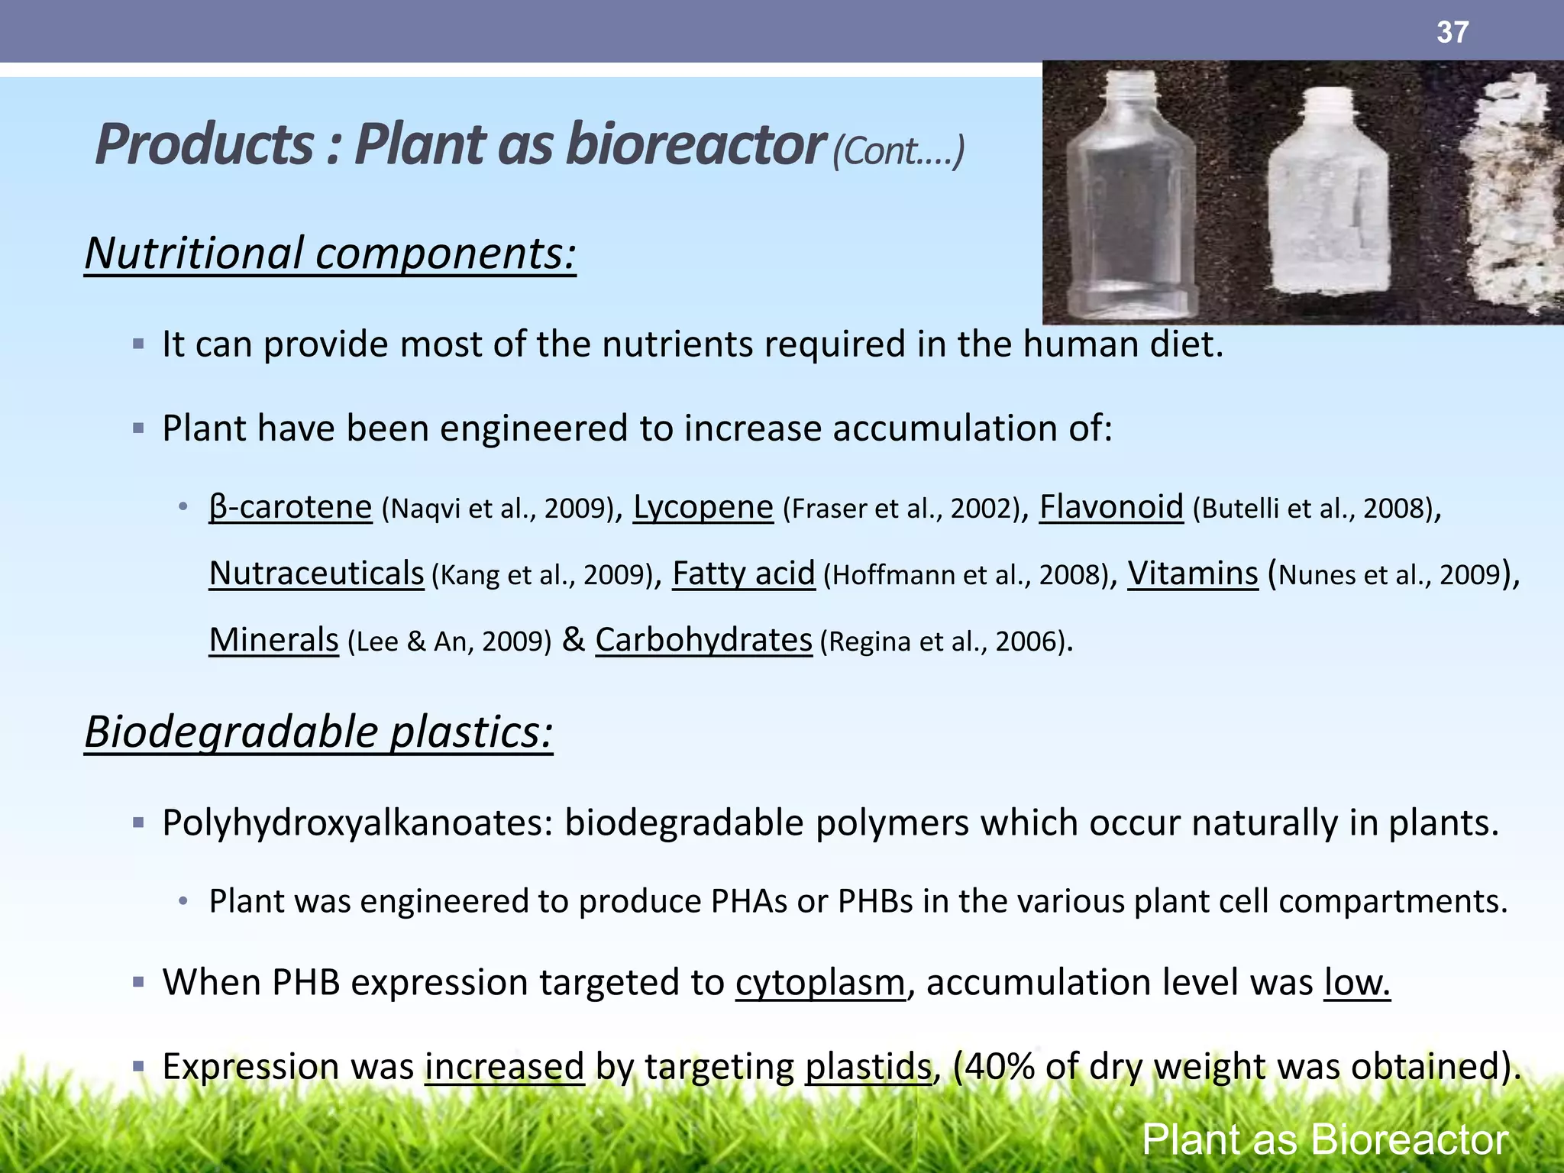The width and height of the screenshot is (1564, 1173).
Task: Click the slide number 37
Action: coord(1452,32)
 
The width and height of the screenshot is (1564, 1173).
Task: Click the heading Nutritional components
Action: coord(330,254)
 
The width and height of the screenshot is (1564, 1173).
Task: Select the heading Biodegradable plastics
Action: coord(318,732)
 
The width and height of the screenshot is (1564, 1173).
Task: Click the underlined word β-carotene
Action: coord(291,507)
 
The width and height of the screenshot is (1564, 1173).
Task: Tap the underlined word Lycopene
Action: coord(703,507)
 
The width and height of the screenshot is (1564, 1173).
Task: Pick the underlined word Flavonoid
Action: coord(1111,507)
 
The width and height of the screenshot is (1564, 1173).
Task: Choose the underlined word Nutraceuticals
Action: coord(317,574)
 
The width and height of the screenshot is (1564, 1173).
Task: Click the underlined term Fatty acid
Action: coord(744,574)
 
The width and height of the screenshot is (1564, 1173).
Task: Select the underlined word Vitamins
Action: coord(1193,574)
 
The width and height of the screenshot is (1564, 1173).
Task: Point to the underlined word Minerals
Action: coord(274,640)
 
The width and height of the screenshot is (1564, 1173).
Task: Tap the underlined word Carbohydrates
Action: coord(703,640)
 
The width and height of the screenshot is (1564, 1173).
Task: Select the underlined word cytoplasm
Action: coord(820,982)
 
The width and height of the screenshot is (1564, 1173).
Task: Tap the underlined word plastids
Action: coord(868,1066)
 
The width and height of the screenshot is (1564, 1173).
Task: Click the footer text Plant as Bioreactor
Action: coord(1325,1140)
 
